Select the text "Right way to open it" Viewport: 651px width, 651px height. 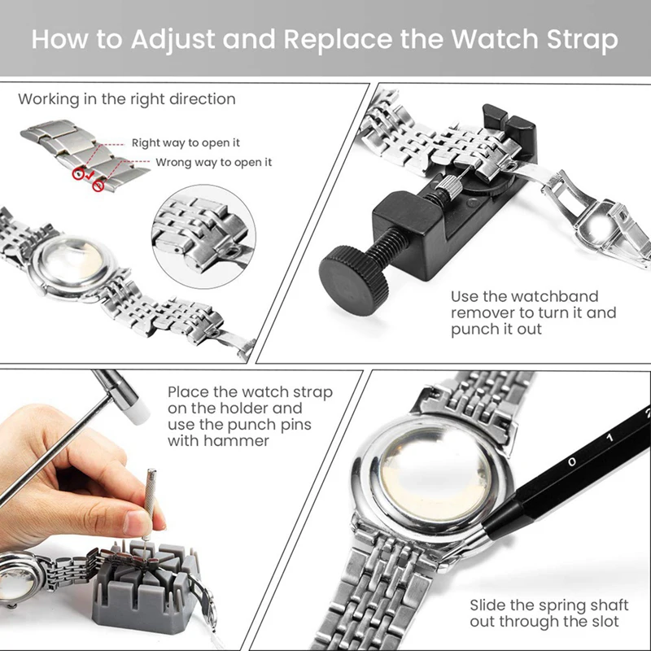coord(186,143)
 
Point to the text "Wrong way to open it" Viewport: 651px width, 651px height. coord(213,163)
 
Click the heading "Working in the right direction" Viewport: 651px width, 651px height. coord(127,99)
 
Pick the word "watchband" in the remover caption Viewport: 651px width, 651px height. coord(558,296)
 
